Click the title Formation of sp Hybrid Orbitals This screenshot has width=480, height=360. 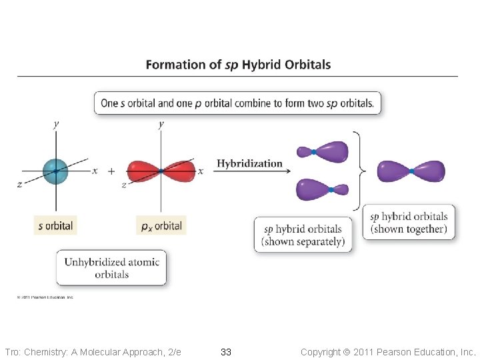tap(238, 65)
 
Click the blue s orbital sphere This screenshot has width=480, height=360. tap(56, 171)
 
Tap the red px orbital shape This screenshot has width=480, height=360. tap(161, 171)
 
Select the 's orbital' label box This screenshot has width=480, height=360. tap(55, 225)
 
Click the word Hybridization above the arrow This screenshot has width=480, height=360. tap(249, 163)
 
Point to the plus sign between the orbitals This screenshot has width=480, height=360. tap(111, 171)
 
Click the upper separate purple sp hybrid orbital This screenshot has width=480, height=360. tap(323, 152)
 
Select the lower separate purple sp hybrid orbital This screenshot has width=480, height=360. tap(323, 189)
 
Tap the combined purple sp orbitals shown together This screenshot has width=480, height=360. tap(411, 171)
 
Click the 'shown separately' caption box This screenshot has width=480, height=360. tap(303, 235)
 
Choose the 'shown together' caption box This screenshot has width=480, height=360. tap(409, 223)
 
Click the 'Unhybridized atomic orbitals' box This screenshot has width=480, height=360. tap(111, 268)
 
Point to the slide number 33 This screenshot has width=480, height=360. tap(226, 351)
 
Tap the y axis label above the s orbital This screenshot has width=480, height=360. tap(56, 124)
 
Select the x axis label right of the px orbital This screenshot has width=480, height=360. tap(200, 171)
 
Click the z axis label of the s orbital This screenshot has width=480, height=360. tap(19, 185)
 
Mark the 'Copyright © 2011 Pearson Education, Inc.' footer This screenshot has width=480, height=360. tap(388, 351)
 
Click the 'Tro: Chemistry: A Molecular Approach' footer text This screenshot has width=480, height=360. tap(93, 351)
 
